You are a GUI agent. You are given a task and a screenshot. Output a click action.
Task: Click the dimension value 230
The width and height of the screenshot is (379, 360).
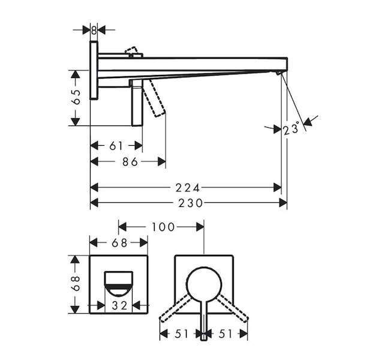click(190, 203)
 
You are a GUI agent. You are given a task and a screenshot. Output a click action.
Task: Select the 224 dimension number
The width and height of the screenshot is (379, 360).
click(188, 188)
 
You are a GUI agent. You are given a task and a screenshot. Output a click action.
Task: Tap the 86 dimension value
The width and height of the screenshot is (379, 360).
click(130, 162)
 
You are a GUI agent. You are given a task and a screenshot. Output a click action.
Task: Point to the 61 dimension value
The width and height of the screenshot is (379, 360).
click(116, 146)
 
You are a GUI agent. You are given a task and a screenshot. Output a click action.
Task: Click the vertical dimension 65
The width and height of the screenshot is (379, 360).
click(76, 97)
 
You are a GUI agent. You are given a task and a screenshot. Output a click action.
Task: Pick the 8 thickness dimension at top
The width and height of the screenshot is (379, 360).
click(94, 31)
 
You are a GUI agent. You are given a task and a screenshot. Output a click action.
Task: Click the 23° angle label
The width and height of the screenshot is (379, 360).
click(291, 128)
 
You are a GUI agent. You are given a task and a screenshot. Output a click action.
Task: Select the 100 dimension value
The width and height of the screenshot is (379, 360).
click(163, 227)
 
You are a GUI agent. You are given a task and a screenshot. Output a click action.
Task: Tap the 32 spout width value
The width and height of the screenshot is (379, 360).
click(119, 306)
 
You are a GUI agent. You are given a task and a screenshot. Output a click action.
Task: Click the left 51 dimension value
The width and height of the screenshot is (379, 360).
click(181, 334)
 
